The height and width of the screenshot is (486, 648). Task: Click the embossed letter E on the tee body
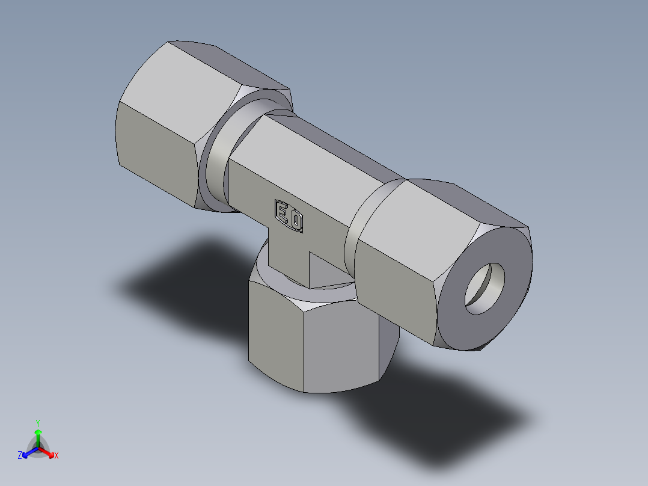pos(282,211)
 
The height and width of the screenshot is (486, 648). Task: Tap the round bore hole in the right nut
pos(484,288)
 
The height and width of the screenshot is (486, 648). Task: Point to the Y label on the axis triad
pos(37,422)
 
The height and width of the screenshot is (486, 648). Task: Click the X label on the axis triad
pos(57,456)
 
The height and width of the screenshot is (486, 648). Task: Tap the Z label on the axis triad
pos(20,456)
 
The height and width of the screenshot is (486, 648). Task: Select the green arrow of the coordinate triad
pos(37,434)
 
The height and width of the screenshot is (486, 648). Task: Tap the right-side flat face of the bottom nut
pos(343,349)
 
